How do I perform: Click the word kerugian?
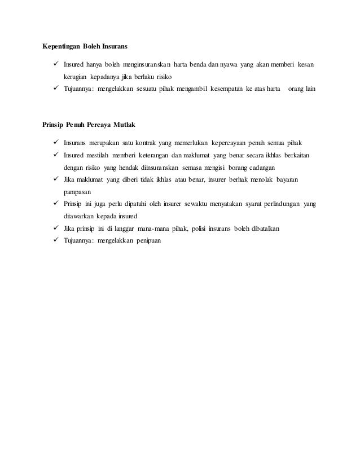pos(75,76)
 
